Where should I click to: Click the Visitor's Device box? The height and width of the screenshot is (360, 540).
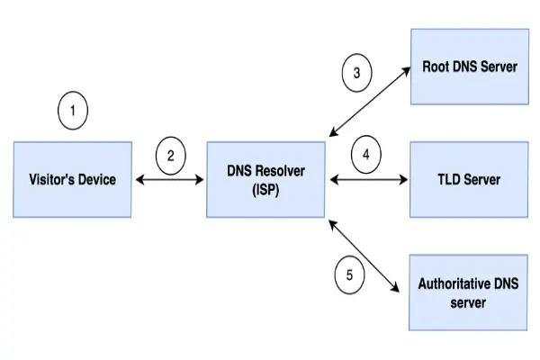click(x=72, y=179)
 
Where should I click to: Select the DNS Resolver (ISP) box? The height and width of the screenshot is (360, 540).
click(x=265, y=179)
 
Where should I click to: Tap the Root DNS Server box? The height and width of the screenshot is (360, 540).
click(x=469, y=67)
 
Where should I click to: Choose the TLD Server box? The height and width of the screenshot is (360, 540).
click(x=469, y=179)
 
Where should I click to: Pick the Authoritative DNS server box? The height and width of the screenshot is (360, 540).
click(x=469, y=292)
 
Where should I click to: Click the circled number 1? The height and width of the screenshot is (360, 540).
click(x=74, y=112)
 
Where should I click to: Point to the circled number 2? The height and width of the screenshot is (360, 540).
click(x=171, y=155)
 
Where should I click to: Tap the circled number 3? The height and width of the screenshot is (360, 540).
click(x=357, y=73)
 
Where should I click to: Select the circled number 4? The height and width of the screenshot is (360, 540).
click(x=365, y=155)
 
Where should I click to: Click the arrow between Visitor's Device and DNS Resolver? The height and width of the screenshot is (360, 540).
click(x=171, y=179)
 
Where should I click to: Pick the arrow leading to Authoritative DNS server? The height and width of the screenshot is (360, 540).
click(x=364, y=256)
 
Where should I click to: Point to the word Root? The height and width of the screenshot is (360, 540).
click(x=438, y=67)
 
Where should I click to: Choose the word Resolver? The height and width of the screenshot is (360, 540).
click(x=280, y=171)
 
